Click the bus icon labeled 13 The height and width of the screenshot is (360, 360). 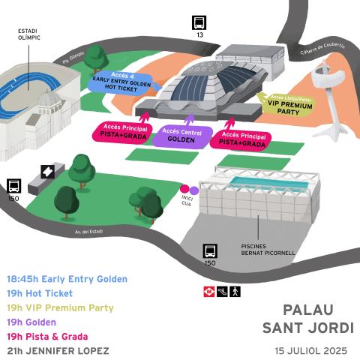pos(199,22)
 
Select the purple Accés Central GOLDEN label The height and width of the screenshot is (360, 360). pos(181,136)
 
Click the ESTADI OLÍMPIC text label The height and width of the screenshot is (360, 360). pos(29,34)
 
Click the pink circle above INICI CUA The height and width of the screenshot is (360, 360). pos(184,190)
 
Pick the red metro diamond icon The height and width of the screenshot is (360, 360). pos(208,290)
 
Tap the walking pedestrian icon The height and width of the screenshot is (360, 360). pos(235,290)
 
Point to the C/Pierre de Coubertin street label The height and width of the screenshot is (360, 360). pos(323,47)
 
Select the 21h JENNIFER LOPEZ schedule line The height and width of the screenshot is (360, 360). pos(58,350)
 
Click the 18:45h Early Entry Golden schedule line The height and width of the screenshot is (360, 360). pos(67,279)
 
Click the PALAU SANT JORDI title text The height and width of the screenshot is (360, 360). pos(307,318)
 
